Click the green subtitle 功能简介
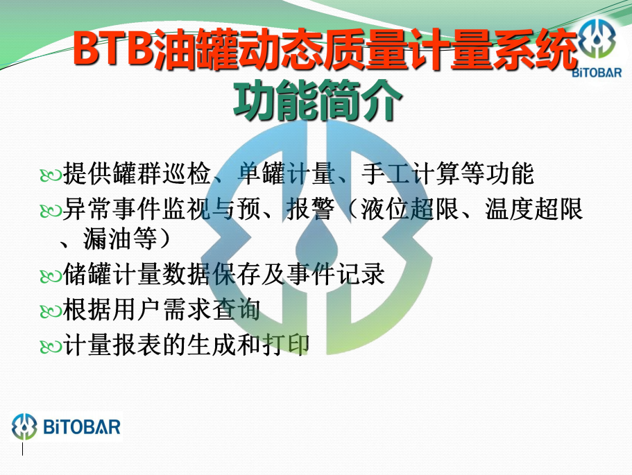[317, 100]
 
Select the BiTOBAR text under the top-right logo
[597, 73]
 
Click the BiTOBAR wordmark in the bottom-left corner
[82, 427]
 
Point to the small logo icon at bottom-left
[24, 426]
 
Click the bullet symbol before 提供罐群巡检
[51, 175]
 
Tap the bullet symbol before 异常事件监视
[51, 210]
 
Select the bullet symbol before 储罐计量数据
[51, 276]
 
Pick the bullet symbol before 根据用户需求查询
[51, 311]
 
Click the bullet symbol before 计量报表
[51, 346]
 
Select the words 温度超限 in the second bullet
[534, 209]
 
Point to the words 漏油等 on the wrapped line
[120, 239]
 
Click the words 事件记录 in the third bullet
[335, 274]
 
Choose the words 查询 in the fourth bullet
[237, 309]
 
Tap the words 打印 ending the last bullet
[286, 344]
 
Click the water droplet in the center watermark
[316, 245]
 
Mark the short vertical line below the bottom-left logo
[22, 449]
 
